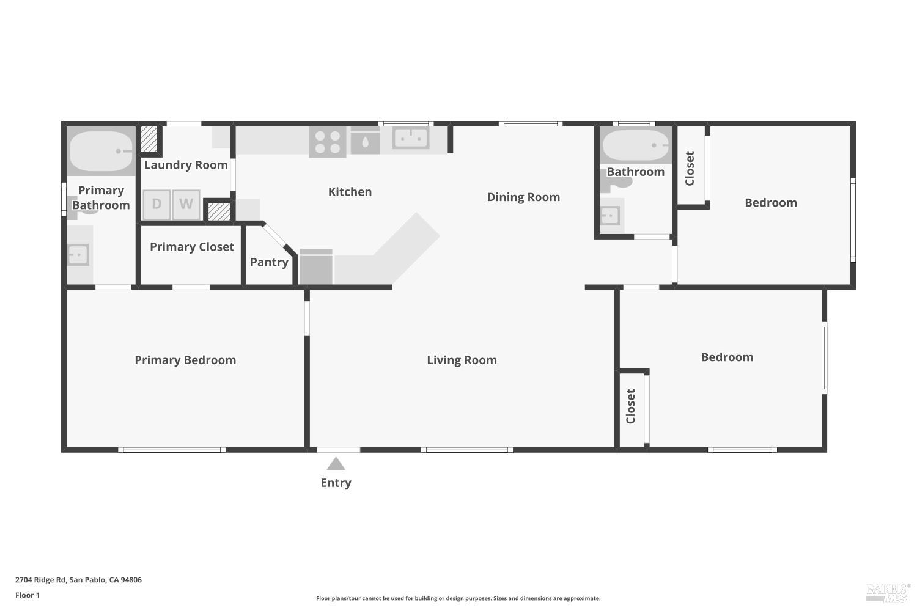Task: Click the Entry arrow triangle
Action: pos(336,464)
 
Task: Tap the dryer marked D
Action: pos(157,204)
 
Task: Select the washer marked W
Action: pos(186,204)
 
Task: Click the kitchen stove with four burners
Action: pos(327,142)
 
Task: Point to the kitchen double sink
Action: pos(410,137)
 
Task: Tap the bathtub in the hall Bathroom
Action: pos(635,145)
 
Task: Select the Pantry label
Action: pos(269,262)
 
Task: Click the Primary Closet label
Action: pos(192,247)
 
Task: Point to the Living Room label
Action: pos(462,360)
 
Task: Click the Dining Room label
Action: pos(523,197)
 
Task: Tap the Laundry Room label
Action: pos(186,165)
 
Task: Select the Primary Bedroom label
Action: pos(185,360)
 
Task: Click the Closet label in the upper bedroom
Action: pos(690,169)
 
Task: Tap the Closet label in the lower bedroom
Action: pos(631,406)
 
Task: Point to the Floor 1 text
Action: pos(28,595)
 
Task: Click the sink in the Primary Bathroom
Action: pos(78,255)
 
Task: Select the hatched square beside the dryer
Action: pos(219,211)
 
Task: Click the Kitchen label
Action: pos(350,192)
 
